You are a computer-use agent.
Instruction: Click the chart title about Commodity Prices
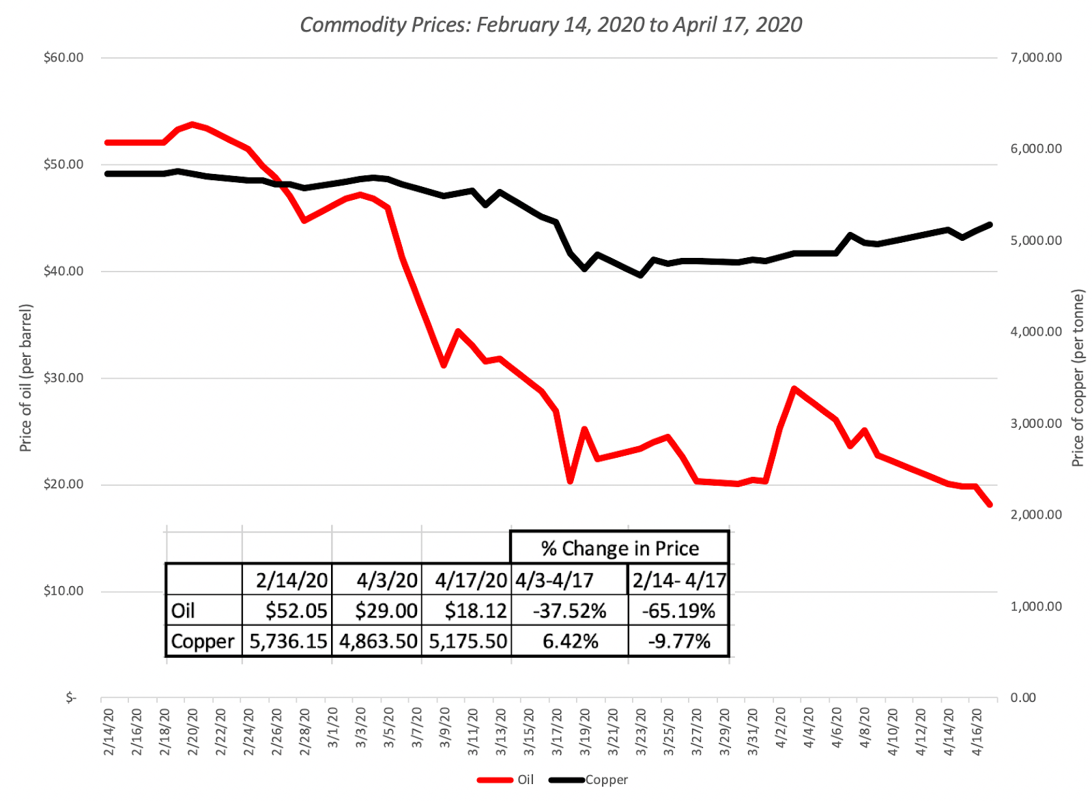pyautogui.click(x=551, y=25)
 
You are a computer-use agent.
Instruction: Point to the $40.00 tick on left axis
pyautogui.click(x=63, y=271)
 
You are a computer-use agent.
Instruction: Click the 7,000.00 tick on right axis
pyautogui.click(x=1035, y=57)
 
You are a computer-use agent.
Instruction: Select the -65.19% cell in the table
pyautogui.click(x=678, y=611)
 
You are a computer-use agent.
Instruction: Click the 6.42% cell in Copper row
pyautogui.click(x=570, y=641)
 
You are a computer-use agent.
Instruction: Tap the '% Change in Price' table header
pyautogui.click(x=620, y=548)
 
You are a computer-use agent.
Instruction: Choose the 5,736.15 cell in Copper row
pyautogui.click(x=288, y=641)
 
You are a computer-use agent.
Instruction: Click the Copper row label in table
pyautogui.click(x=203, y=641)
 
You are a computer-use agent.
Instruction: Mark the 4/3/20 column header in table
pyautogui.click(x=386, y=580)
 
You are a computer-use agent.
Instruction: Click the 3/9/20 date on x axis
pyautogui.click(x=444, y=727)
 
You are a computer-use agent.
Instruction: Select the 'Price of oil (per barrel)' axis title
pyautogui.click(x=25, y=377)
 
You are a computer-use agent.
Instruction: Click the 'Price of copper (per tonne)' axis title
pyautogui.click(x=1078, y=378)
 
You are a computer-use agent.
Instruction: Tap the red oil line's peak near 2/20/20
pyautogui.click(x=192, y=124)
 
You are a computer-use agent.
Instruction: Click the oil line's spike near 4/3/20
pyautogui.click(x=794, y=389)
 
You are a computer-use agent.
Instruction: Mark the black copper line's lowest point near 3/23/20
pyautogui.click(x=640, y=275)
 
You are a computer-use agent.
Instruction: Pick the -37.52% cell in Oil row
pyautogui.click(x=570, y=611)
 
